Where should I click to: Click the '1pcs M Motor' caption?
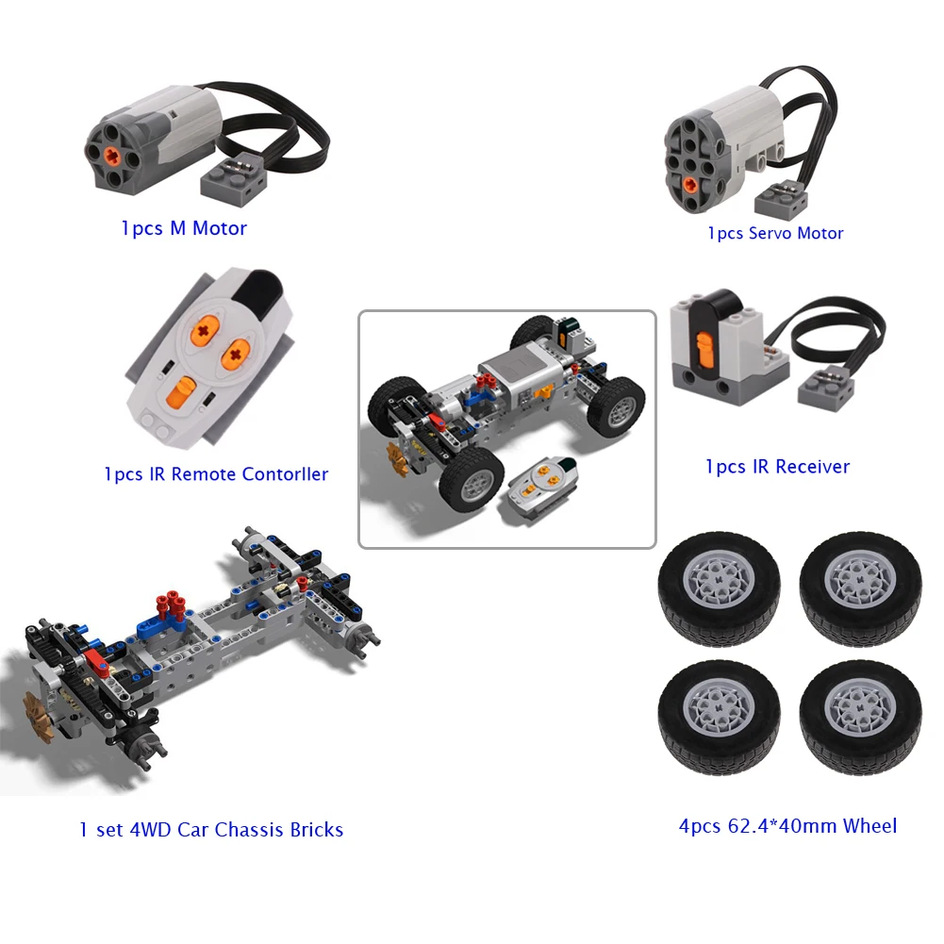click(x=184, y=228)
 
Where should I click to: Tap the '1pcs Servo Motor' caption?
click(x=775, y=233)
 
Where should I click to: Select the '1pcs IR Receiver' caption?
click(x=777, y=466)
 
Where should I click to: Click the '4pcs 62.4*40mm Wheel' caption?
click(x=787, y=826)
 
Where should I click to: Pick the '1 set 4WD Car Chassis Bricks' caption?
click(x=211, y=830)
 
